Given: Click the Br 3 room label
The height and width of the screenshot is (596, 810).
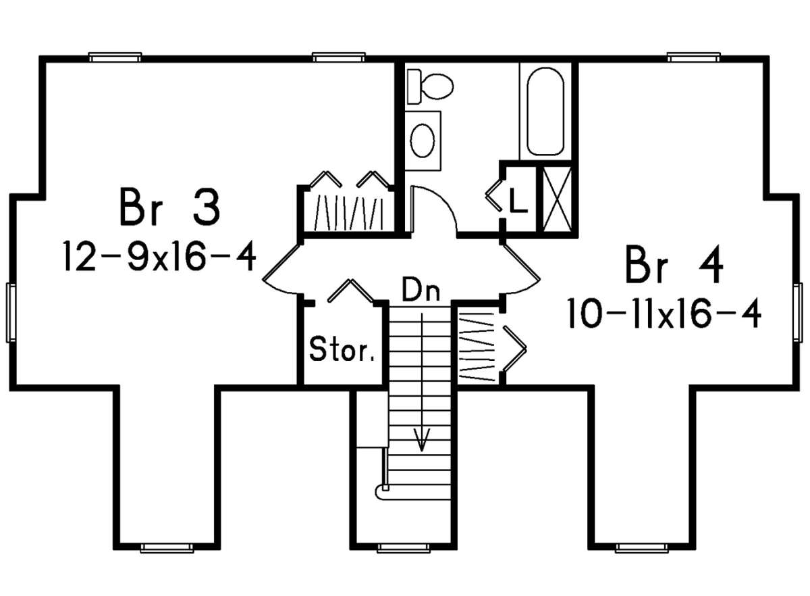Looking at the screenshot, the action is click(x=169, y=206).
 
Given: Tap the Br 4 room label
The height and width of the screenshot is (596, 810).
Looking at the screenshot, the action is click(x=674, y=264).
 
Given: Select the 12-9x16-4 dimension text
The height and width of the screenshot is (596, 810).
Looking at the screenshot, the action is click(x=159, y=256).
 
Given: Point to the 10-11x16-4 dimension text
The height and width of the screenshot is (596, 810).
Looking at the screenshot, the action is click(x=665, y=314).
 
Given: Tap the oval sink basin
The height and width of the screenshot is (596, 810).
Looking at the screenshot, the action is click(x=423, y=141).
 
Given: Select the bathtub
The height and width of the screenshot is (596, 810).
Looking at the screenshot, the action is click(x=545, y=111).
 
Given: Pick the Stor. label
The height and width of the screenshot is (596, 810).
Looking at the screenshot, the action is click(x=342, y=349).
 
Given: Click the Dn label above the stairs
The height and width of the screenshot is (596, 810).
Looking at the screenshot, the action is click(x=421, y=289).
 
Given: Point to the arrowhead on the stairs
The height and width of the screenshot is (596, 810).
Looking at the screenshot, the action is click(x=422, y=440).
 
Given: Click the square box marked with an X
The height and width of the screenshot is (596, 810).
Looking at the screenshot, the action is click(x=558, y=199).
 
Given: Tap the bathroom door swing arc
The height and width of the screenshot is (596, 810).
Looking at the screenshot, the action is click(x=437, y=203).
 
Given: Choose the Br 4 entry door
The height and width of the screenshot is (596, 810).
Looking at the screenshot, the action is click(x=520, y=269).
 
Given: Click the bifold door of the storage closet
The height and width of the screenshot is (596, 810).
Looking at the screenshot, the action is click(x=350, y=290).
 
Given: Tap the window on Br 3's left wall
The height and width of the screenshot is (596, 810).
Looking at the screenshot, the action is click(x=11, y=313).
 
